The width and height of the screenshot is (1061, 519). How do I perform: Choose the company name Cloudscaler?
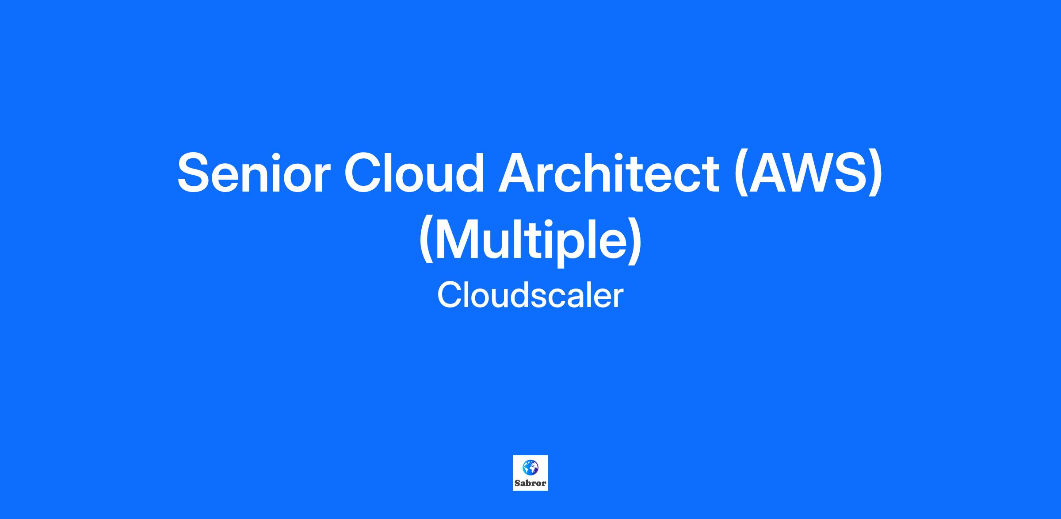[x=530, y=296]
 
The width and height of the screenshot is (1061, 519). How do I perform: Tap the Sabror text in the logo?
[x=530, y=483]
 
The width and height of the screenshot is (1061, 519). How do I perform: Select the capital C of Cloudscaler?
[x=450, y=296]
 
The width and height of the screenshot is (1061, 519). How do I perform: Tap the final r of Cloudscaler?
[x=618, y=299]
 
